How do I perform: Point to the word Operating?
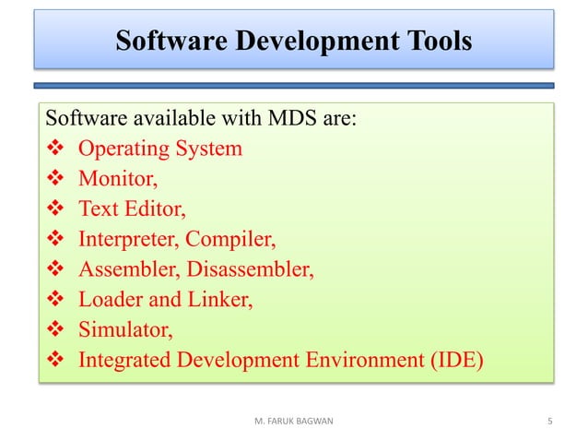(x=119, y=149)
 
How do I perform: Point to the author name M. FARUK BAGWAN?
(x=293, y=422)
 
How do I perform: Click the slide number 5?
(x=549, y=422)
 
